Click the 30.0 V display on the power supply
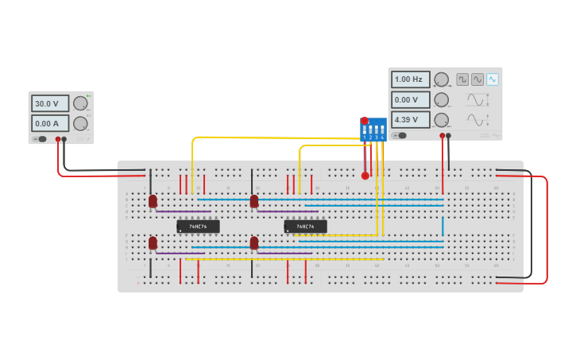(x=50, y=103)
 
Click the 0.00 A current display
(x=50, y=123)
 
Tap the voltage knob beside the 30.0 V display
(x=80, y=103)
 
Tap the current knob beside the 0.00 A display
(x=80, y=123)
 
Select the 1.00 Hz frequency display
(x=411, y=79)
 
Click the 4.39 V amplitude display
(x=411, y=119)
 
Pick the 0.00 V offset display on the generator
(x=411, y=99)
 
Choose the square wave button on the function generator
(x=462, y=79)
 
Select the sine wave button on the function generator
(x=477, y=79)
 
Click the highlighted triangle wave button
(x=493, y=79)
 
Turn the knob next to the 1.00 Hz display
(x=441, y=79)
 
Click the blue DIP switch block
(x=373, y=130)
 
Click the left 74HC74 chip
(x=198, y=226)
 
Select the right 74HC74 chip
(x=305, y=226)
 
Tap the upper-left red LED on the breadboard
(x=153, y=202)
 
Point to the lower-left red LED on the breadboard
(x=153, y=243)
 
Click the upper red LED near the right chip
(x=254, y=202)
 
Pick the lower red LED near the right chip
(x=254, y=243)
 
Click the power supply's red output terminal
(x=57, y=139)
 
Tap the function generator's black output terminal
(x=449, y=135)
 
